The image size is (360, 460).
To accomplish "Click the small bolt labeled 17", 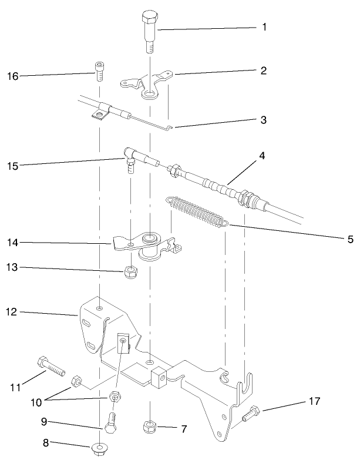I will tap(250, 414).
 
